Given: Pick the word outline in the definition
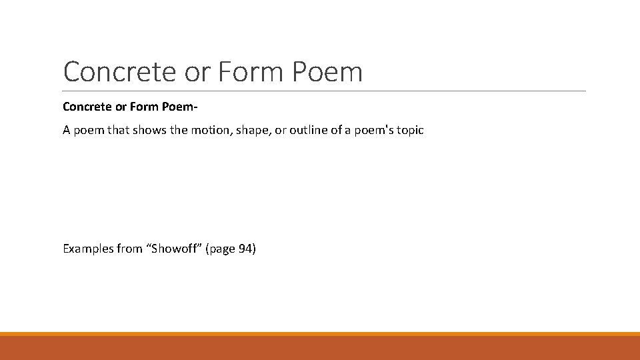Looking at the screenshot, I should click(x=309, y=130).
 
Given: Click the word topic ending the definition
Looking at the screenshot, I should click(x=408, y=130).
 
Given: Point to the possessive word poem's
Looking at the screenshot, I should click(x=369, y=130).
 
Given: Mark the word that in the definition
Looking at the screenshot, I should click(x=118, y=130).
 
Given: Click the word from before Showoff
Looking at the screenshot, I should click(x=130, y=249).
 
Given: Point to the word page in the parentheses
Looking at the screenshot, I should click(x=221, y=249).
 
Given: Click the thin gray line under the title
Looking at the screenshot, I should click(x=324, y=91).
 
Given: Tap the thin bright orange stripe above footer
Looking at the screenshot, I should click(x=320, y=334).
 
